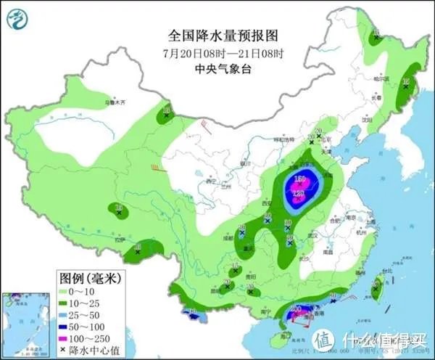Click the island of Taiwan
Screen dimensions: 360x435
(376, 290)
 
